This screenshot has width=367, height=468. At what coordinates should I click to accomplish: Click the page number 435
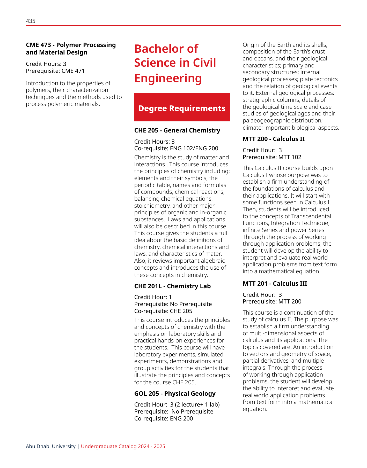31,21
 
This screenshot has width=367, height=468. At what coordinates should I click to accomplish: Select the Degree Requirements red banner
182,107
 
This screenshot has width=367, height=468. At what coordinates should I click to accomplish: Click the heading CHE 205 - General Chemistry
177,130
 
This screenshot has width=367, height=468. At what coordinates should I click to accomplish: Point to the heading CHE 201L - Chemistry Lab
172,286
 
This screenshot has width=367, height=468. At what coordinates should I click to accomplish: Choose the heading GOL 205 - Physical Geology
175,394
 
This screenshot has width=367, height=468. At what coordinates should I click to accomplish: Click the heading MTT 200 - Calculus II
274,139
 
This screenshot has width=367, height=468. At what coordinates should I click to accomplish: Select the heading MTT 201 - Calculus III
275,284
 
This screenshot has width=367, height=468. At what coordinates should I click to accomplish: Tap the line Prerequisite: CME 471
55,71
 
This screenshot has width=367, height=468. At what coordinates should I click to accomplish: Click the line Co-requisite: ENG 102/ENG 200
176,148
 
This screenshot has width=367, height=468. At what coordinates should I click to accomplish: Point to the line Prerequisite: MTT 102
272,157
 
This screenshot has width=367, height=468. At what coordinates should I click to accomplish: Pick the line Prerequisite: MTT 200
272,301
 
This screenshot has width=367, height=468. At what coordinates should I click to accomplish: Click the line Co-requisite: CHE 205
163,311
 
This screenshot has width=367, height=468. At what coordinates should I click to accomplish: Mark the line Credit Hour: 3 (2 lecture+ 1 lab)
177,404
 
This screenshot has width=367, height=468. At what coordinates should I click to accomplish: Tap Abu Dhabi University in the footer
50,447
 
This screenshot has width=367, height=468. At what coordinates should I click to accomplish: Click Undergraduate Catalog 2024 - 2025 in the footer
123,447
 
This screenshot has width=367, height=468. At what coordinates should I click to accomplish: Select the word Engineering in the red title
168,78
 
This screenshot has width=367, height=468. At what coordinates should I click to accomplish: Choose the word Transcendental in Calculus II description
311,216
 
